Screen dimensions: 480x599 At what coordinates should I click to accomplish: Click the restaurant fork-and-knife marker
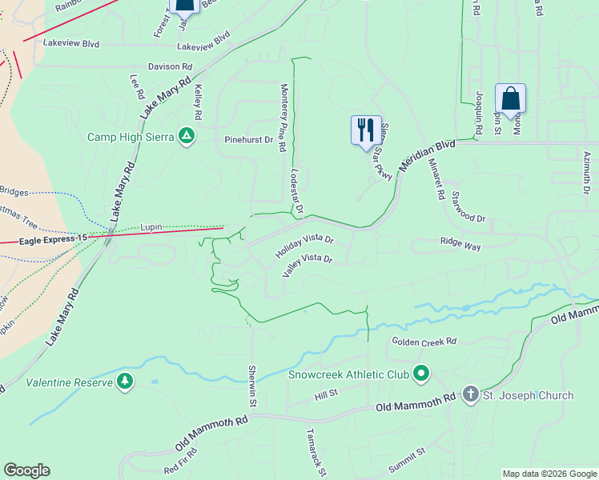coord(366,130)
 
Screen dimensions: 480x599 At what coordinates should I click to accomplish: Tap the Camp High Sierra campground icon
coord(187,136)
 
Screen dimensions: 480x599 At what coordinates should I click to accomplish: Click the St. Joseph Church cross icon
coord(470,395)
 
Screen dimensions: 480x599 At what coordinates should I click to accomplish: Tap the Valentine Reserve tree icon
coord(124,382)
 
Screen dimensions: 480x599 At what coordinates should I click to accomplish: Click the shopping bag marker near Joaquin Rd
coord(510,100)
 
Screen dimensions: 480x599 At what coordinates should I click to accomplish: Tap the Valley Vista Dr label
coord(307,265)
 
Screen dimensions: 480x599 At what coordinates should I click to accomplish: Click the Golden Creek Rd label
coord(424,342)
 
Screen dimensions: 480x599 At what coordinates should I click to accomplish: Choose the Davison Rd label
coord(170,67)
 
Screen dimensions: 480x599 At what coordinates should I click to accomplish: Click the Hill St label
coord(327,394)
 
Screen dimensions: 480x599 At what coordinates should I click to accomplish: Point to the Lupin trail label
coord(151,227)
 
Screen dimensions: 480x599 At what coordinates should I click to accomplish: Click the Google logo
coord(26,470)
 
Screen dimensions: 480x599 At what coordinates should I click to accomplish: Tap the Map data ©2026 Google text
coord(549,474)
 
